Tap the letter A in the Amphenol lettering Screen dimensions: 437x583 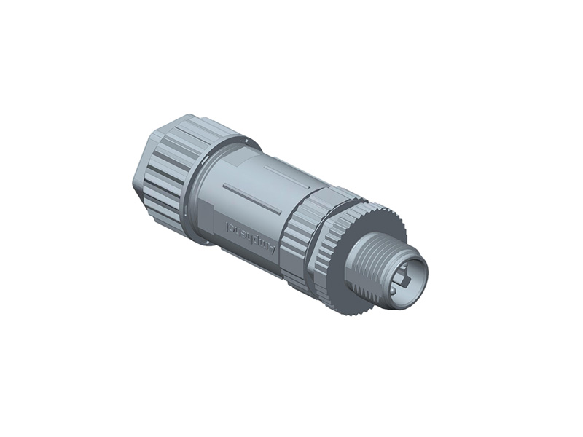(272, 249)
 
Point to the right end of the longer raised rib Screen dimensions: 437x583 (279, 212)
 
